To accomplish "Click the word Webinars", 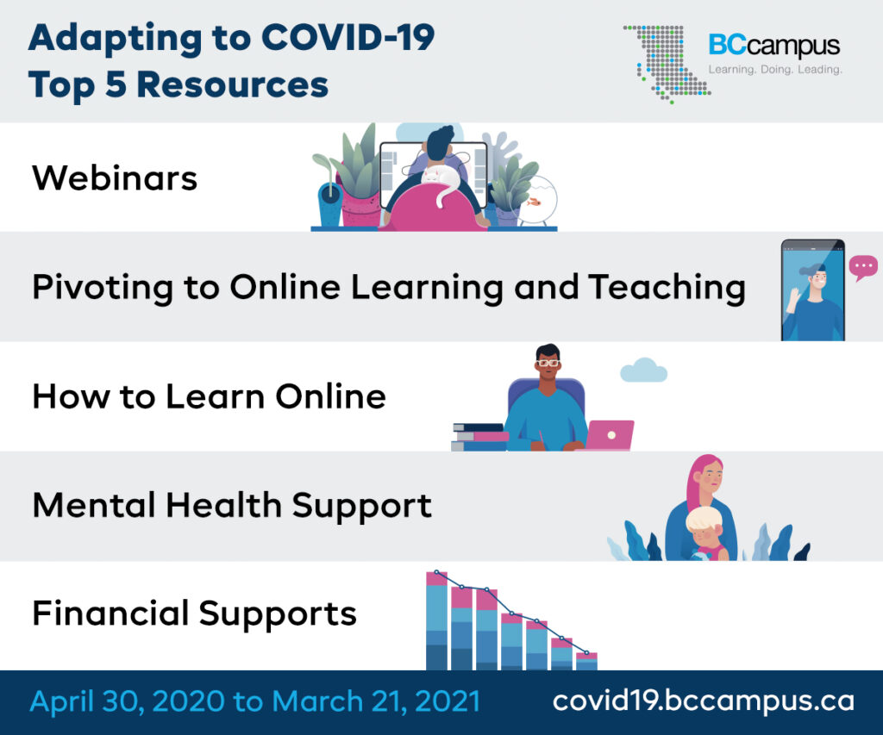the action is tap(115, 178).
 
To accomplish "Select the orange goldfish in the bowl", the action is tap(533, 201).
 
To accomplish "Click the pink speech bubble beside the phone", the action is tap(863, 267).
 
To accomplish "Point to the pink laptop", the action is tap(610, 435).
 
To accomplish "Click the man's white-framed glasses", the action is tap(548, 363).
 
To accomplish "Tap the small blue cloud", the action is tap(643, 371).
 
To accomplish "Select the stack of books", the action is tap(479, 437).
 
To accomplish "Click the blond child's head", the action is tap(705, 525).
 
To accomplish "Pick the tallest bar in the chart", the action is tap(436, 620).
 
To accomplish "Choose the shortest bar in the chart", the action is tap(586, 661).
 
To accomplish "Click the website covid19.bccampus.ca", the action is tap(704, 701).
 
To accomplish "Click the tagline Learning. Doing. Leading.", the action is tap(775, 70).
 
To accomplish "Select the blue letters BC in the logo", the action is tap(727, 45).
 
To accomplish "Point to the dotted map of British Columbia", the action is tap(667, 64).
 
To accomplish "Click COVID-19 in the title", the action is tap(348, 38).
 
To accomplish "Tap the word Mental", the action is tap(94, 505).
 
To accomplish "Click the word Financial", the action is tap(110, 613).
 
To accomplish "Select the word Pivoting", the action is tap(103, 288).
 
